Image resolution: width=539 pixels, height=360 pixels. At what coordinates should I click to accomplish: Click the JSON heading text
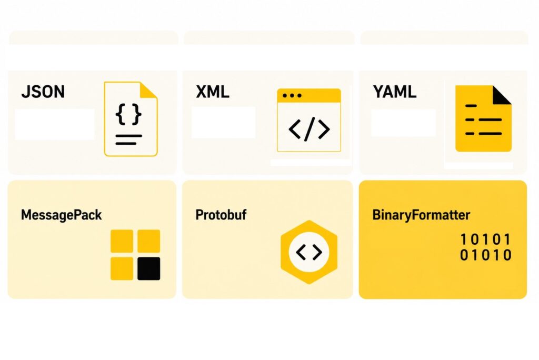[43, 92]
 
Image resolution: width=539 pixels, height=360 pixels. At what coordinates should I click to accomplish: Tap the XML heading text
[212, 92]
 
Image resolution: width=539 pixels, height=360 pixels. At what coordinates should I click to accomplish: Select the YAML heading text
[394, 92]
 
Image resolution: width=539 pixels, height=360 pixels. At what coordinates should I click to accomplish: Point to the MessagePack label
[61, 215]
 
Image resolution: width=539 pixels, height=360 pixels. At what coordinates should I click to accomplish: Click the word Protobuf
[221, 215]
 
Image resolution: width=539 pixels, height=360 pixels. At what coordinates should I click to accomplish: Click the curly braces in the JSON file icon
[128, 114]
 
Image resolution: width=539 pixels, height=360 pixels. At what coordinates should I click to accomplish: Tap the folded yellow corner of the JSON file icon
[149, 89]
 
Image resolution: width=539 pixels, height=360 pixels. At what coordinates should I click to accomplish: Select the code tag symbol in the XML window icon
[309, 129]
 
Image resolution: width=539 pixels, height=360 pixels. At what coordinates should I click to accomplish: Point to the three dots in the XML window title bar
[292, 96]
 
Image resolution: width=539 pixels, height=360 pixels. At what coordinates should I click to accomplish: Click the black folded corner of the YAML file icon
[502, 94]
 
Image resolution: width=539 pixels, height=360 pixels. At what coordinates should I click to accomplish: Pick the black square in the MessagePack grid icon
[148, 268]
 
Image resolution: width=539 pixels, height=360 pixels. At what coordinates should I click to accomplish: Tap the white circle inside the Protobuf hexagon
[309, 253]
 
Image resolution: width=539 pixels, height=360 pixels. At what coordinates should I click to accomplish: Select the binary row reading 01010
[485, 256]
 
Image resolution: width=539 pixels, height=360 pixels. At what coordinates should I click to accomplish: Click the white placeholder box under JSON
[55, 124]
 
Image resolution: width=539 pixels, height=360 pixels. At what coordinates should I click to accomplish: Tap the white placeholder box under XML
[223, 122]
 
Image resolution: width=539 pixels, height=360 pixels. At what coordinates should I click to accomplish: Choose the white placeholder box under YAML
[403, 123]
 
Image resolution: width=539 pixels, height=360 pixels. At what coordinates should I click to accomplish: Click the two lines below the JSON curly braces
[128, 139]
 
